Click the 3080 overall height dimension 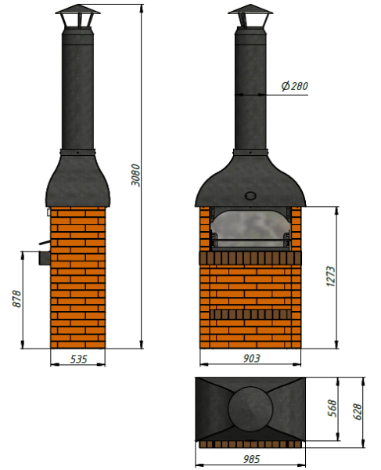click(135, 175)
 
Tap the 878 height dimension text click(17, 298)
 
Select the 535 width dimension click(78, 359)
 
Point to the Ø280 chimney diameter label click(294, 86)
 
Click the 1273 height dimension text click(331, 277)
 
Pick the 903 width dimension click(251, 358)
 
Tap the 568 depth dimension click(332, 408)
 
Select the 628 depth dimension click(357, 411)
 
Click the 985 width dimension click(251, 459)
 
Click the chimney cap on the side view click(77, 16)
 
